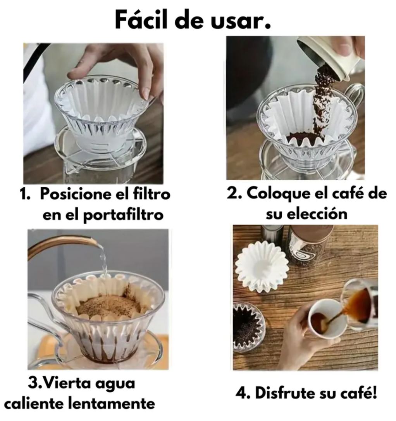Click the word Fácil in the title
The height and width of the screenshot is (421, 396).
[x=142, y=20]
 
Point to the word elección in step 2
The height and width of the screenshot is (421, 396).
[x=317, y=214]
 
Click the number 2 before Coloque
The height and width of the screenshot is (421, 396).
[x=232, y=193]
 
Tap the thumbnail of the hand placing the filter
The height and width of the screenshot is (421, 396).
[x=93, y=114]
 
